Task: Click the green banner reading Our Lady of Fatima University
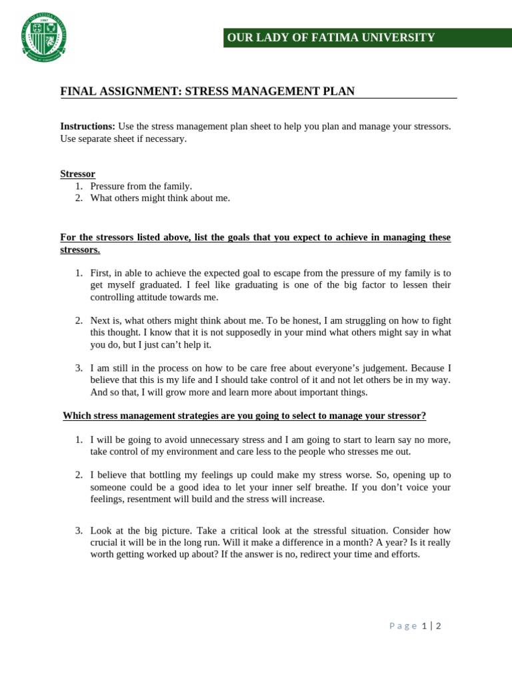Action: [367, 38]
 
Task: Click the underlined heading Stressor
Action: [77, 174]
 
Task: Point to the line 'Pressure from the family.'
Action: [141, 186]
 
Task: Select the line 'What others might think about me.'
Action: [160, 198]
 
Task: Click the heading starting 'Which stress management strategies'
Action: [244, 416]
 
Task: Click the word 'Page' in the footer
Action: [403, 626]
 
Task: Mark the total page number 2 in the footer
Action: [439, 626]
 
